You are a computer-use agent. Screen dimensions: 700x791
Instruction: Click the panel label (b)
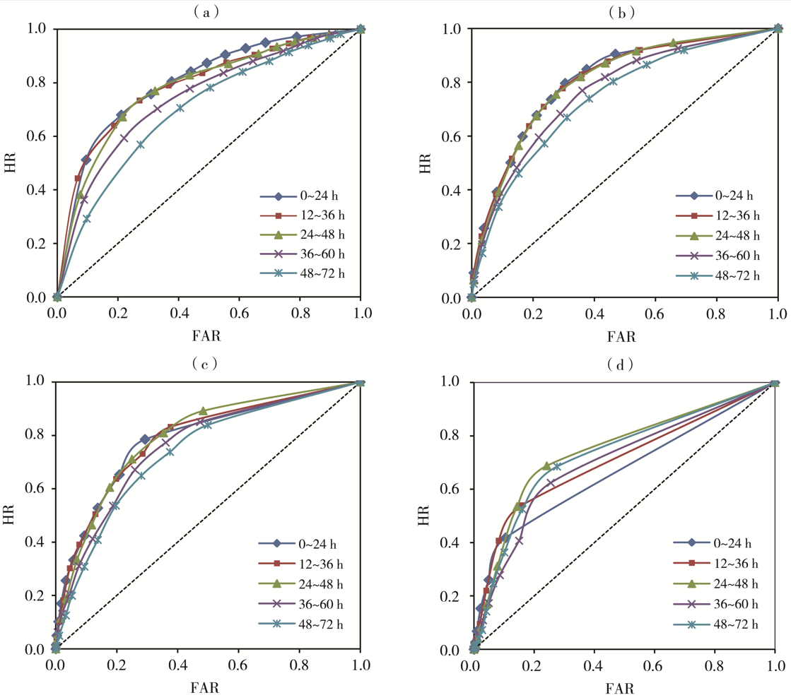(623, 11)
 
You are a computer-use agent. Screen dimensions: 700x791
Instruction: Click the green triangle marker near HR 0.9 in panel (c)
(203, 410)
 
